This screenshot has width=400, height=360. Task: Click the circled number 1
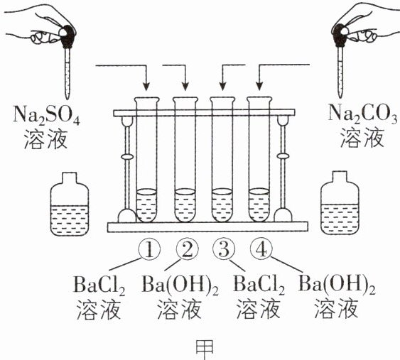[x=149, y=250]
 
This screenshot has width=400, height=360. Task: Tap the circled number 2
[x=188, y=250]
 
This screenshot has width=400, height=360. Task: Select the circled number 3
[x=224, y=249]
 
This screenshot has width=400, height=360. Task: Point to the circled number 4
[x=261, y=250]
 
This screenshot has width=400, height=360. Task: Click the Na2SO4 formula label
[x=46, y=114]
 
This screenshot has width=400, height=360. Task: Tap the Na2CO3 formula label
[x=363, y=114]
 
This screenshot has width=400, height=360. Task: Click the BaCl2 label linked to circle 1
[x=99, y=285]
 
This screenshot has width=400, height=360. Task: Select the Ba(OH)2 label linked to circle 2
[x=180, y=285]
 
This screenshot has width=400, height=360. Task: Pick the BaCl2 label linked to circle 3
[x=259, y=285]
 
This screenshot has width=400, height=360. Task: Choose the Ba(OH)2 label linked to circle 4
[x=337, y=284]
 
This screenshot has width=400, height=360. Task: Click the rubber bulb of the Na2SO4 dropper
[x=67, y=36]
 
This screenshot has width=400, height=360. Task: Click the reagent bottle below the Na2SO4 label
[x=70, y=204]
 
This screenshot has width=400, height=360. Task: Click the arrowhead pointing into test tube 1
[x=146, y=87]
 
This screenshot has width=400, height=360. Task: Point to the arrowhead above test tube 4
[x=259, y=86]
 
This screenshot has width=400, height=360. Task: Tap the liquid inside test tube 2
[x=185, y=205]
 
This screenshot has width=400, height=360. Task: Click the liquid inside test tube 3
[x=222, y=205]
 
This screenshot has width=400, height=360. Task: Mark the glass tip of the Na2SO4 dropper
[x=67, y=96]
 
